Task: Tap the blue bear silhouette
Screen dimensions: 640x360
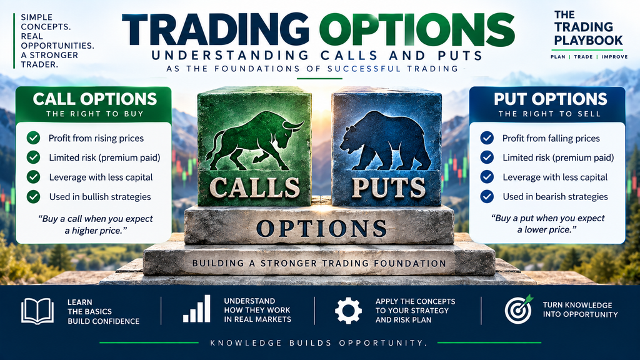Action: pyautogui.click(x=384, y=141)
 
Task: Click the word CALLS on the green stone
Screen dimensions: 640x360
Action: pyautogui.click(x=255, y=187)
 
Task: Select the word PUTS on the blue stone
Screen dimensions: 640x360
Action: pyautogui.click(x=388, y=187)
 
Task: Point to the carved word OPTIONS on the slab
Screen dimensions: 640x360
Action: pyautogui.click(x=321, y=229)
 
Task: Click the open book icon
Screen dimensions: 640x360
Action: pyautogui.click(x=37, y=311)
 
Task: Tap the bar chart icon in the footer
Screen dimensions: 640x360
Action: pyautogui.click(x=197, y=309)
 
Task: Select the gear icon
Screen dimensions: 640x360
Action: pyautogui.click(x=348, y=311)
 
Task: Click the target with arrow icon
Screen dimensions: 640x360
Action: pyautogui.click(x=519, y=309)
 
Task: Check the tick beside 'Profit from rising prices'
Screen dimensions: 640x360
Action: pyautogui.click(x=34, y=138)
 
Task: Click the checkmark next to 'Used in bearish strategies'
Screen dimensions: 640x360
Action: pyautogui.click(x=487, y=196)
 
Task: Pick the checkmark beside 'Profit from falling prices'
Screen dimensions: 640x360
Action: pyautogui.click(x=487, y=138)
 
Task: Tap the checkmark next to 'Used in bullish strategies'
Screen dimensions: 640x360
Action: pyautogui.click(x=34, y=197)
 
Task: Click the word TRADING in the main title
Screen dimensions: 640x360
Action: pyautogui.click(x=216, y=29)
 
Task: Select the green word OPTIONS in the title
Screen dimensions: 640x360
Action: pyautogui.click(x=417, y=29)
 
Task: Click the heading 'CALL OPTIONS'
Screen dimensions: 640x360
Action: pyautogui.click(x=95, y=99)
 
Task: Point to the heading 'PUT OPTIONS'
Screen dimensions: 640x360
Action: pyautogui.click(x=551, y=99)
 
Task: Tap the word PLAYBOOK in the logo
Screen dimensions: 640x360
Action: pyautogui.click(x=588, y=41)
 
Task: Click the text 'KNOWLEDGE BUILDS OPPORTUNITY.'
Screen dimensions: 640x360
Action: pyautogui.click(x=319, y=343)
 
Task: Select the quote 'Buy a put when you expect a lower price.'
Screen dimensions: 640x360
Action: pyautogui.click(x=547, y=224)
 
